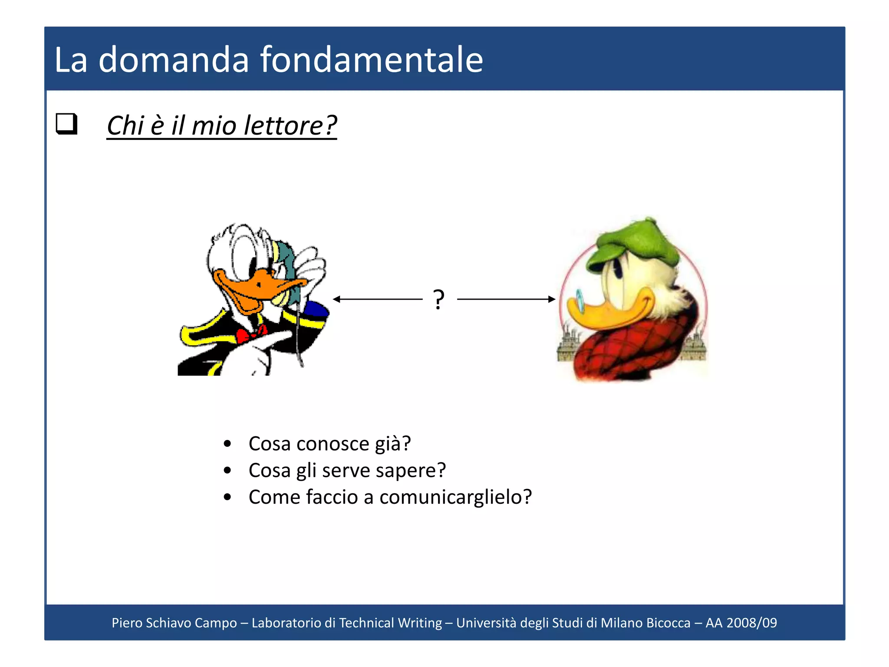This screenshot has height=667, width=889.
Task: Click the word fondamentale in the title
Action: pyautogui.click(x=372, y=59)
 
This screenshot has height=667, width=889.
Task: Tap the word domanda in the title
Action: pyautogui.click(x=174, y=59)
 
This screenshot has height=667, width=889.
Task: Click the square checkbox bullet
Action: pyautogui.click(x=66, y=124)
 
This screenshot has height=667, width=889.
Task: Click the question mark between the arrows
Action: pyautogui.click(x=439, y=299)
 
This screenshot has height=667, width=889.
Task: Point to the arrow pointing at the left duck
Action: pyautogui.click(x=378, y=299)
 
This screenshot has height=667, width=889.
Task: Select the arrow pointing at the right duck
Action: pyautogui.click(x=506, y=299)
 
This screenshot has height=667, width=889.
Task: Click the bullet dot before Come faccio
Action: pyautogui.click(x=227, y=497)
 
